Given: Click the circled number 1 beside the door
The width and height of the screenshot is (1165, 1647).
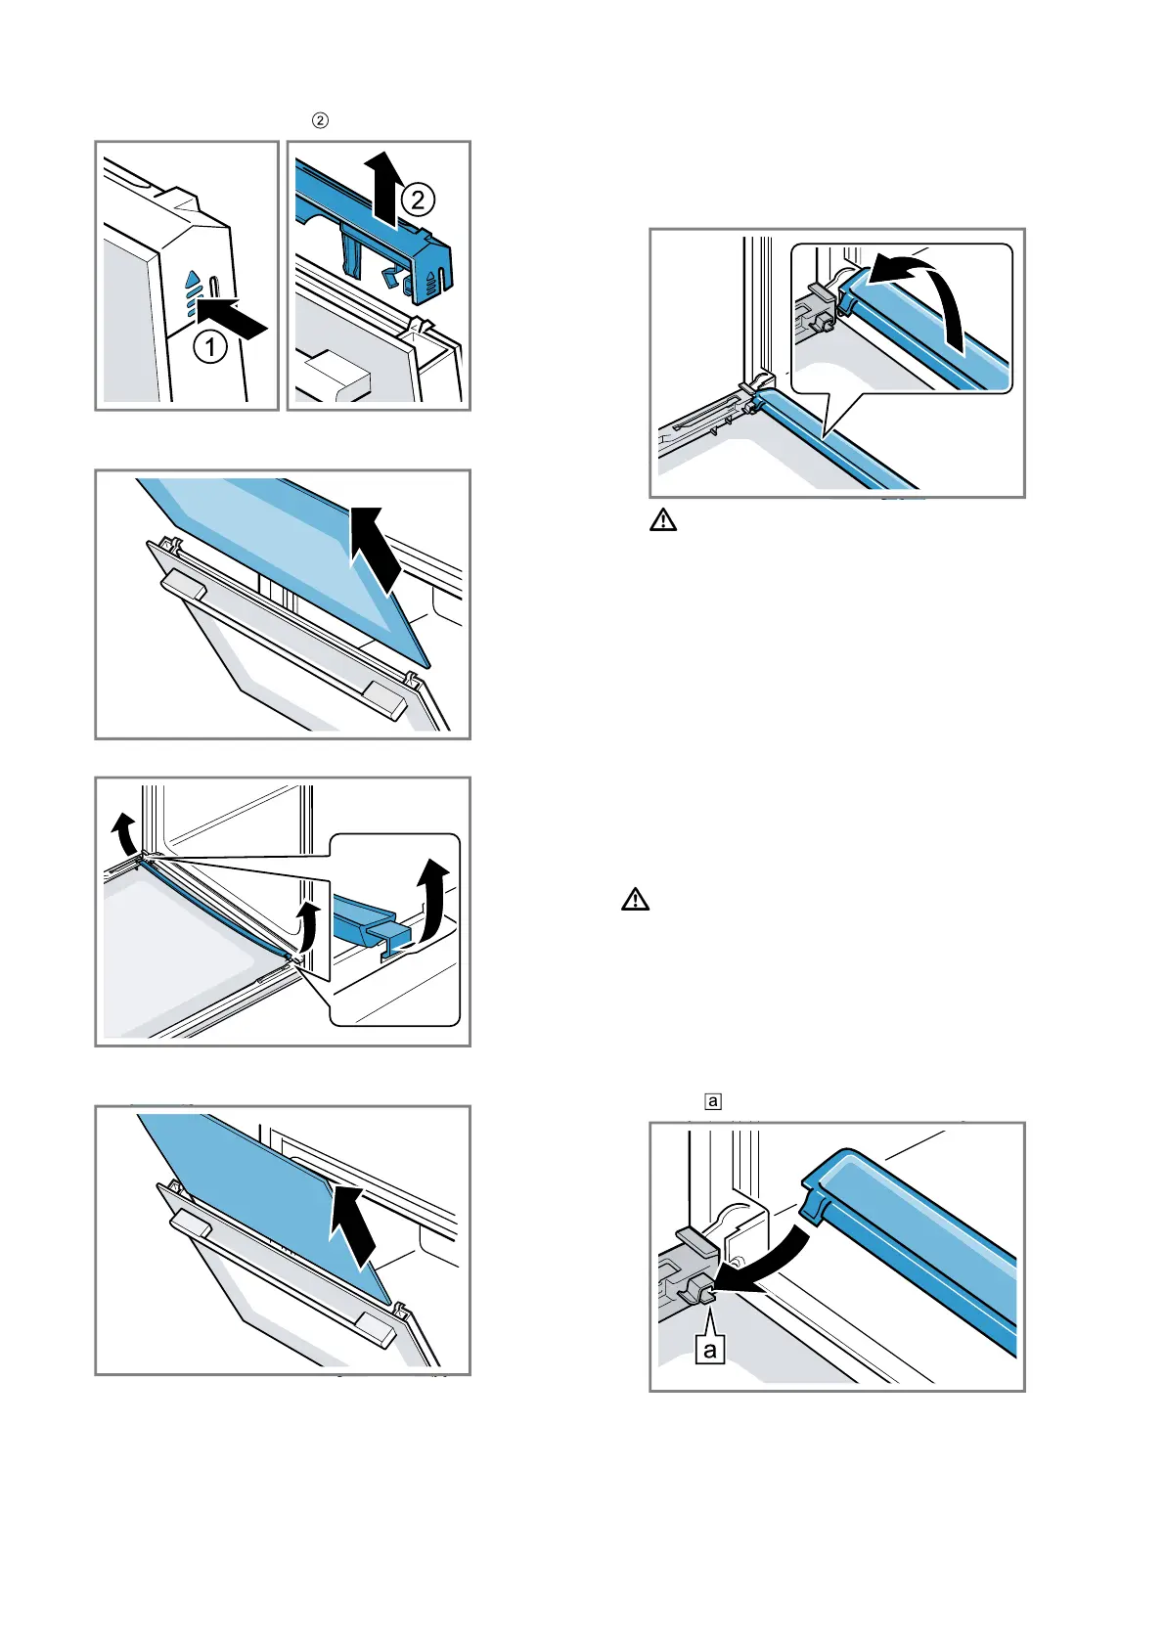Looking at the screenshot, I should (210, 346).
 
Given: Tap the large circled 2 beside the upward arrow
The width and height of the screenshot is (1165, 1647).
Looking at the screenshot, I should (418, 200).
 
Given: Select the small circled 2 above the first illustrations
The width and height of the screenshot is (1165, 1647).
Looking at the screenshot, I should (319, 120).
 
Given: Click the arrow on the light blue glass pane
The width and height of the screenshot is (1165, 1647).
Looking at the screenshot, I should (376, 548).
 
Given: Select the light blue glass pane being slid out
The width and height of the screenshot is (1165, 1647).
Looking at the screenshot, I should (284, 548).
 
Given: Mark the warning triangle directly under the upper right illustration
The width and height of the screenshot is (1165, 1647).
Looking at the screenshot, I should (663, 520).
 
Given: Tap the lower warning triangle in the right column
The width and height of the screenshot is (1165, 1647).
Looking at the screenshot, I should (636, 899).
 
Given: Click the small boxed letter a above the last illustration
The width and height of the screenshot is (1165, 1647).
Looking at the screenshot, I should (713, 1101).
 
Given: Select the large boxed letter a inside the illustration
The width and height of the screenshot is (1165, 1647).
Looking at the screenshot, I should (710, 1351).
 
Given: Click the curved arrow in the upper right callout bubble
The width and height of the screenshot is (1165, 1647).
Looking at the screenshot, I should (924, 293).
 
